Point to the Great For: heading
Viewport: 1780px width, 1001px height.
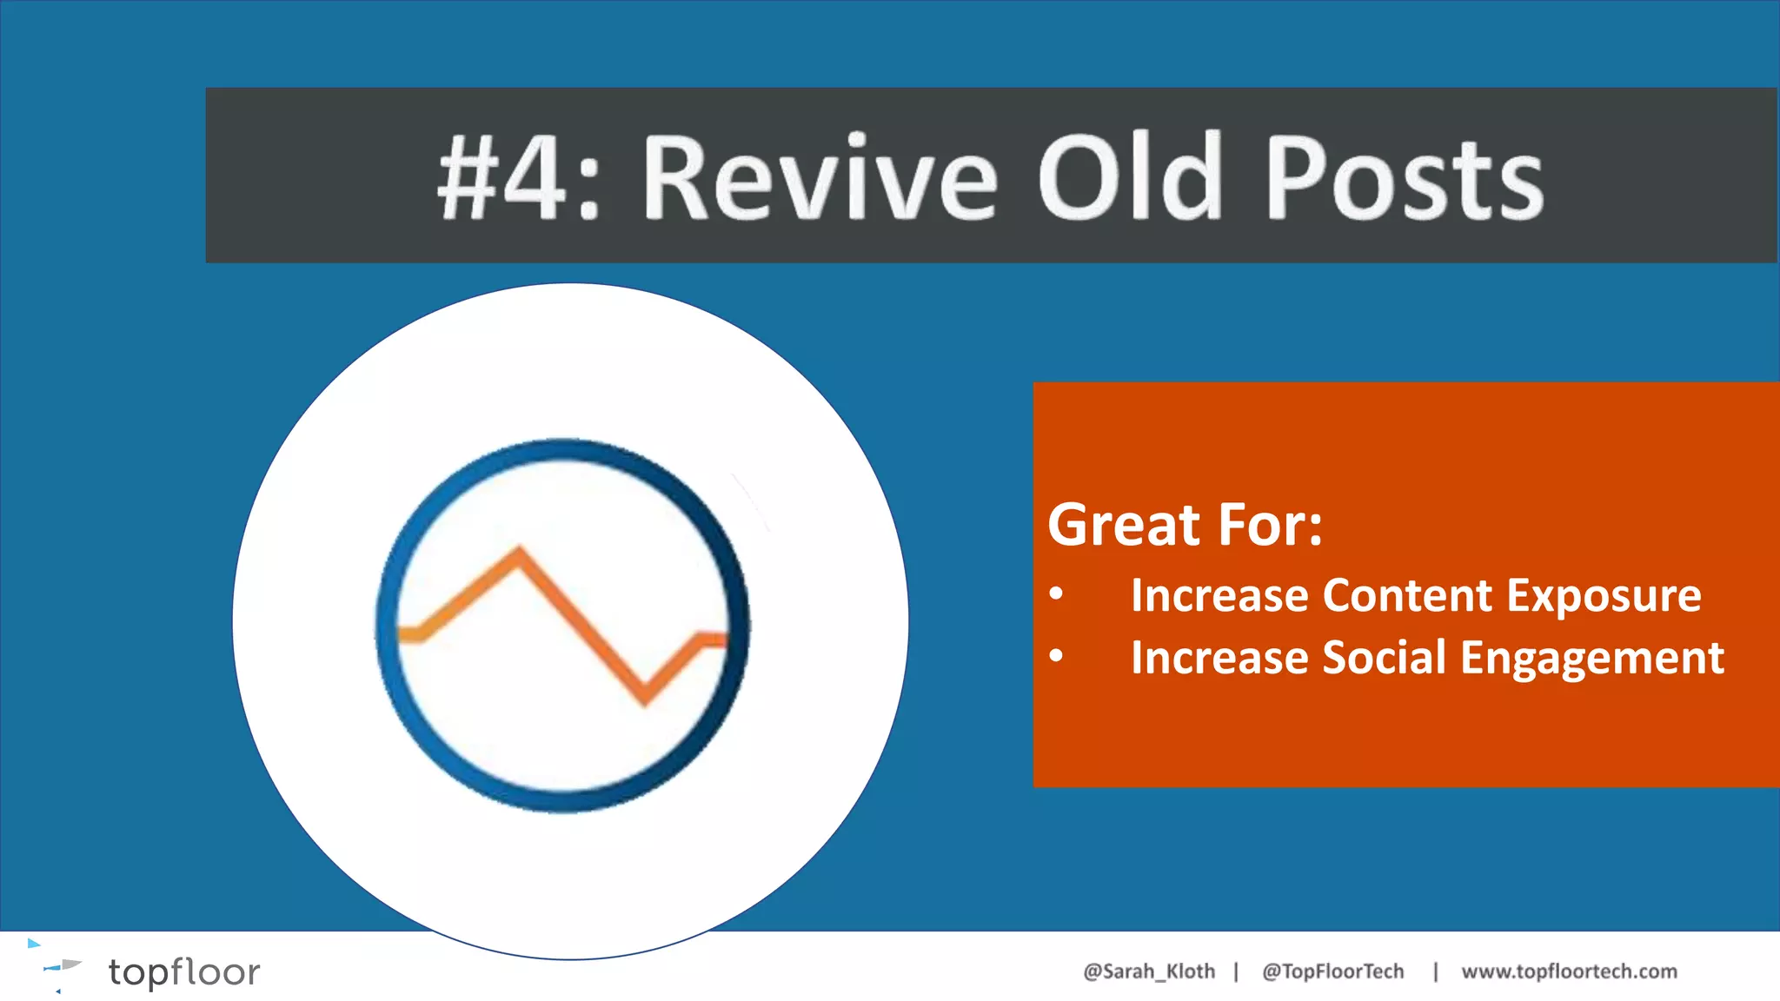[1185, 525]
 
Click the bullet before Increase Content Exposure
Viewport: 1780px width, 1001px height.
[1056, 595]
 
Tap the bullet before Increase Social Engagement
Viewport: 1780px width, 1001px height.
[1056, 657]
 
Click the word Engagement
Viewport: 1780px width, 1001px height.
[1592, 659]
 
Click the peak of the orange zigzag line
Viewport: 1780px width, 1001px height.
[520, 551]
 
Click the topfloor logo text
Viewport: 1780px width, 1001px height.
[183, 971]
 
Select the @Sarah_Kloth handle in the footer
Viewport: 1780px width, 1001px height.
[1148, 971]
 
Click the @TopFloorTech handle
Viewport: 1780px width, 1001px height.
[1332, 971]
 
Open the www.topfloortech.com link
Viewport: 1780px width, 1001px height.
[1569, 971]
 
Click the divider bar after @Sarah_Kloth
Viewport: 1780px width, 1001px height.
[1236, 971]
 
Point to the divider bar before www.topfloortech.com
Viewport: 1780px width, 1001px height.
[1435, 971]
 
